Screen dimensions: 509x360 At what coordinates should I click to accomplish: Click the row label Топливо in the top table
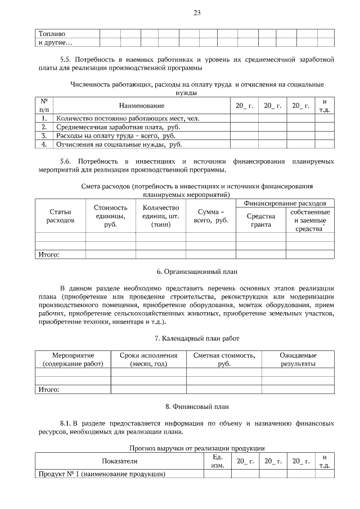pyautogui.click(x=52, y=34)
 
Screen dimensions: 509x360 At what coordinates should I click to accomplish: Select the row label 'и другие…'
pyautogui.click(x=56, y=42)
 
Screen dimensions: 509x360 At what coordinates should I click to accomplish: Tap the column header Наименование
pyautogui.click(x=141, y=106)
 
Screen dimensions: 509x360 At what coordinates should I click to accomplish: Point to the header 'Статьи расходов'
pyautogui.click(x=60, y=216)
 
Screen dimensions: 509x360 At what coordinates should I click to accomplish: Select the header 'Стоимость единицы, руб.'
pyautogui.click(x=110, y=216)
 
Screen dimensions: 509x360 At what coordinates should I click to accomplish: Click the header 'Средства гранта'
pyautogui.click(x=260, y=220)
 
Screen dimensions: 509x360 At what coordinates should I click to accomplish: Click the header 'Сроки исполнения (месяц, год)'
pyautogui.click(x=148, y=359)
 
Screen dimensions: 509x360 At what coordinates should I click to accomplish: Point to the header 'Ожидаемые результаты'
pyautogui.click(x=298, y=359)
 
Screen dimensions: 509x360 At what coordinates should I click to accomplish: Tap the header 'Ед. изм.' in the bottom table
pyautogui.click(x=217, y=461)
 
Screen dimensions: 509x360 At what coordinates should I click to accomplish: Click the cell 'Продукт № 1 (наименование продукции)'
pyautogui.click(x=101, y=474)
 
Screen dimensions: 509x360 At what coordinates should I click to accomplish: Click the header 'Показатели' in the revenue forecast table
pyautogui.click(x=119, y=461)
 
